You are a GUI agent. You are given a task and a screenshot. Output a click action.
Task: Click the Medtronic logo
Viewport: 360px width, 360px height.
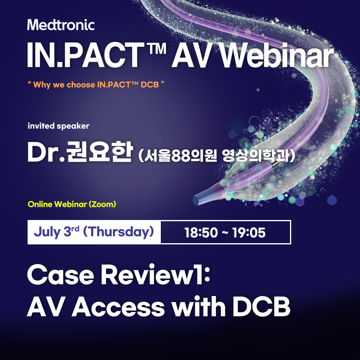tap(61, 25)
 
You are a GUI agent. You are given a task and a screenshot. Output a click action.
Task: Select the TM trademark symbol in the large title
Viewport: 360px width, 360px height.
tap(157, 49)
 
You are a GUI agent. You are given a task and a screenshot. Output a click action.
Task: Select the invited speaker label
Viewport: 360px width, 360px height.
tap(58, 126)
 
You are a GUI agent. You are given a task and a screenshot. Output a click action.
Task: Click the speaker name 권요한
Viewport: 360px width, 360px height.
tap(99, 152)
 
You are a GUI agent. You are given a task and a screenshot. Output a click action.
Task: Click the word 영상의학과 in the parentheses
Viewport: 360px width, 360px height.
tap(255, 156)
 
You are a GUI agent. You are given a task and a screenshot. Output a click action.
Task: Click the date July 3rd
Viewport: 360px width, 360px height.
tap(56, 232)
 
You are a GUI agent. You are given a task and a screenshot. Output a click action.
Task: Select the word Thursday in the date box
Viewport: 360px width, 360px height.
tap(118, 232)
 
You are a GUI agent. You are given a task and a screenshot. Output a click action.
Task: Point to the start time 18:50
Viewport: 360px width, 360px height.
tap(201, 232)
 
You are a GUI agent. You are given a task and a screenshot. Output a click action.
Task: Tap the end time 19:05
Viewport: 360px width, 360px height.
tap(249, 232)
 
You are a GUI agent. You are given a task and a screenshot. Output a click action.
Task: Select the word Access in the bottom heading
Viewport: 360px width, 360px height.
tap(118, 307)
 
